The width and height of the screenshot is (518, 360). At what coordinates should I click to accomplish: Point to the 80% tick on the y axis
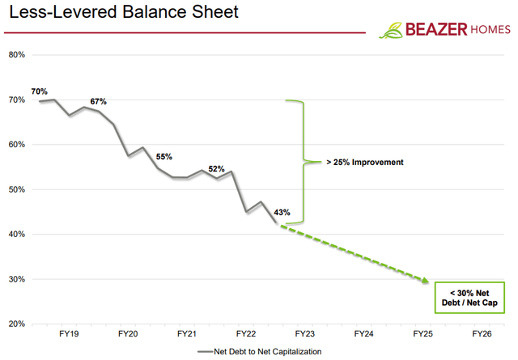tap(17, 55)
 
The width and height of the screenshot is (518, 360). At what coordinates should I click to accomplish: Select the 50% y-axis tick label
tap(17, 189)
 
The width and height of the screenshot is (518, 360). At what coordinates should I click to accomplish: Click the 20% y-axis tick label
tap(17, 324)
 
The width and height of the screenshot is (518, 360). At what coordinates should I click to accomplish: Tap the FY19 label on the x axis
tap(69, 333)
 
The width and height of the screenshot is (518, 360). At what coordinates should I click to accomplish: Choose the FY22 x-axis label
tap(246, 333)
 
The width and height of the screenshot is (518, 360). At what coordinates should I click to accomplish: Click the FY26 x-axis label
tap(481, 333)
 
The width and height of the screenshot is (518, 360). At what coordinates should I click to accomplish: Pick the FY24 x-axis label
tap(363, 333)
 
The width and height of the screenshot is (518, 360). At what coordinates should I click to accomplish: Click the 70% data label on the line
tap(40, 91)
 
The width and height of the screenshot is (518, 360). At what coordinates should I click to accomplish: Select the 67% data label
tap(98, 101)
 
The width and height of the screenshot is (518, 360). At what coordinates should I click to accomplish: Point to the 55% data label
tap(164, 156)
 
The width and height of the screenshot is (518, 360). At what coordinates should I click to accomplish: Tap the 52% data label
tap(217, 169)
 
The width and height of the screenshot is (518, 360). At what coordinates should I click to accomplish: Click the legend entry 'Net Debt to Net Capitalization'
tap(267, 351)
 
